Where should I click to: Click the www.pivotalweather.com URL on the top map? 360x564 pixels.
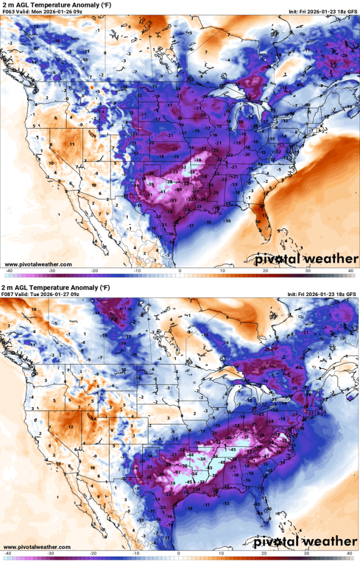[x=38, y=264]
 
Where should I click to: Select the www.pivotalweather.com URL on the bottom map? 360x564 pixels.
[x=38, y=547]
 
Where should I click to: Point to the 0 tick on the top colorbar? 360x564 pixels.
[x=180, y=271]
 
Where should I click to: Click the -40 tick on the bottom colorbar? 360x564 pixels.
[x=9, y=553]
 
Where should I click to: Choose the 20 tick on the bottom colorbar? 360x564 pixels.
[x=265, y=553]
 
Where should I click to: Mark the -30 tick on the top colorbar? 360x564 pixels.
[x=52, y=271]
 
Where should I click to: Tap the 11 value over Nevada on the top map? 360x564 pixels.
[x=72, y=144]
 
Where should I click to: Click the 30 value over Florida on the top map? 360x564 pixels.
[x=258, y=222]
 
